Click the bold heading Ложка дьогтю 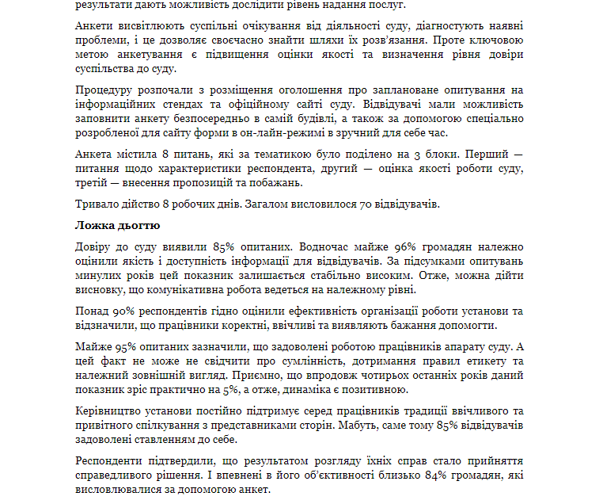coord(117,226)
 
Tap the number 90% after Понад coord(123,311)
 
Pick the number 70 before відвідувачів coord(366,204)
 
